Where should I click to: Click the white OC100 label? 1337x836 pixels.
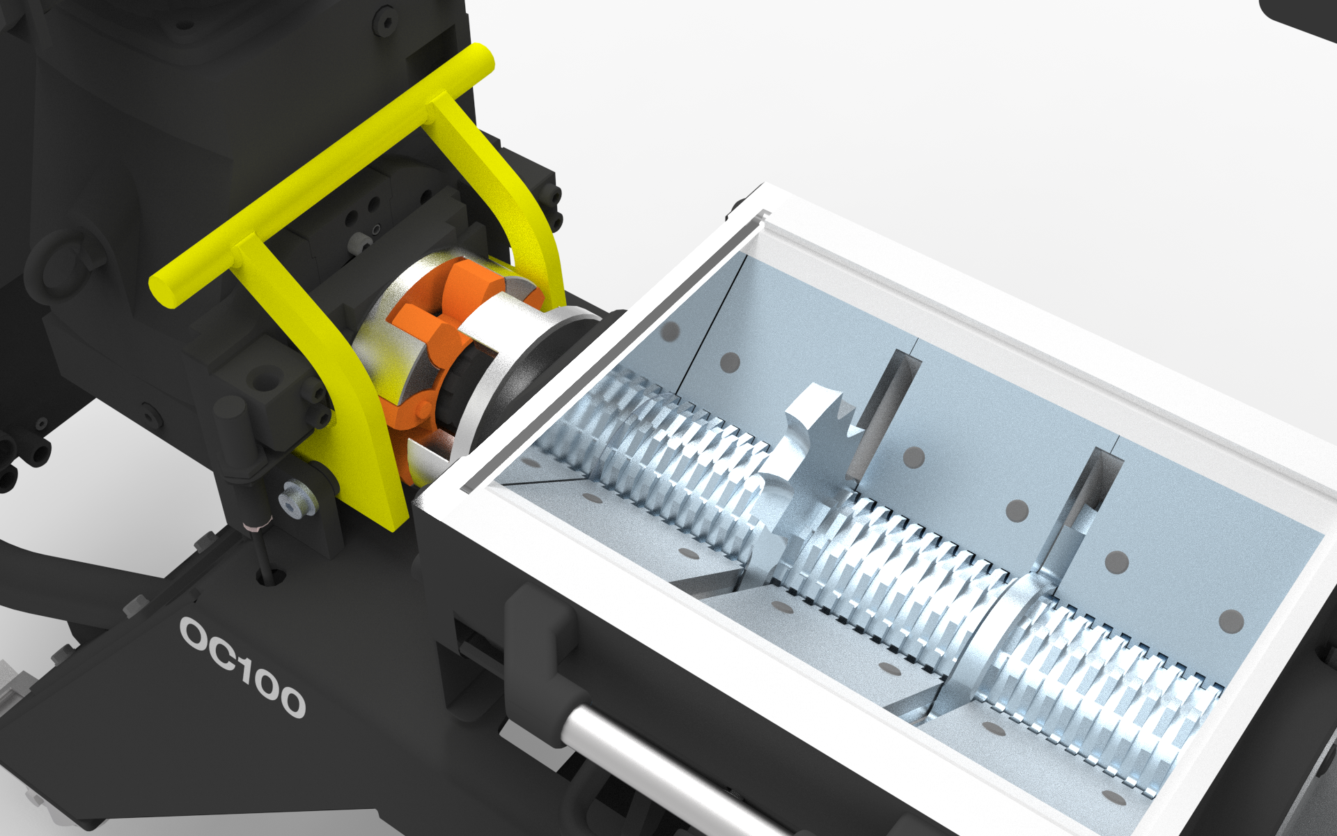(243, 667)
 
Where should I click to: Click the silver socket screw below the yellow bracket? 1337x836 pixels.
(292, 503)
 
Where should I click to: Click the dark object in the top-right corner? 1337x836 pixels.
(1302, 17)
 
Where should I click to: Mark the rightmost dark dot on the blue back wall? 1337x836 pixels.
(1231, 621)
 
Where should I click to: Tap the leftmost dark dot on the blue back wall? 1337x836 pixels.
(669, 332)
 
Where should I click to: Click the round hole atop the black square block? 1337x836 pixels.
(265, 382)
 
